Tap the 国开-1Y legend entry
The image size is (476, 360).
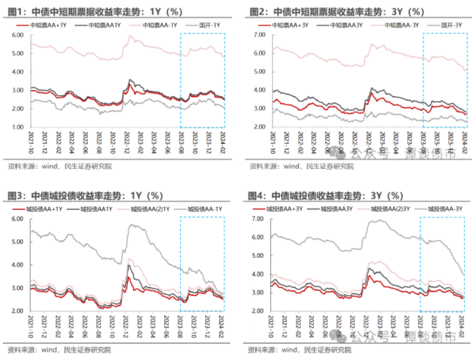pos(209,25)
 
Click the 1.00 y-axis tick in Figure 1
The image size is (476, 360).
pos(19,127)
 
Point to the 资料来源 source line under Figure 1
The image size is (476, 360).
pos(59,166)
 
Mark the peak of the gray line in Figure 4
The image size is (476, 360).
pos(378,220)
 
